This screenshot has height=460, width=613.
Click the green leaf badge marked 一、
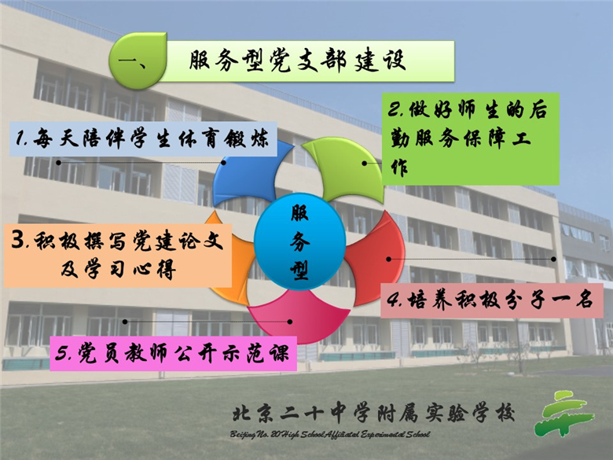click(x=138, y=61)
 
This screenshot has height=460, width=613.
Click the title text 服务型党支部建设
click(x=298, y=61)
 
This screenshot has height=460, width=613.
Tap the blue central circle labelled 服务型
click(x=300, y=241)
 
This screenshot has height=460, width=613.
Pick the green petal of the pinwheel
click(x=348, y=168)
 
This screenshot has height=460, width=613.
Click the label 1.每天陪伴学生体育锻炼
click(x=143, y=139)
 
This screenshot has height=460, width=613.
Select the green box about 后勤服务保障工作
click(x=470, y=139)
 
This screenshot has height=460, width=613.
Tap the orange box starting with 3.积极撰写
click(x=118, y=256)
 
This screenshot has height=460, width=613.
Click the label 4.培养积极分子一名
click(x=492, y=300)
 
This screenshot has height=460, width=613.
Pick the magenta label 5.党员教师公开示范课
click(x=173, y=354)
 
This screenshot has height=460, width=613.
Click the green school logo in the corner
click(x=564, y=414)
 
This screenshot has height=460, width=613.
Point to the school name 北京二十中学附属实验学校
click(x=374, y=414)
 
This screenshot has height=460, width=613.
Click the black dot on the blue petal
click(x=224, y=162)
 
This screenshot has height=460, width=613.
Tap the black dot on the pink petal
click(x=290, y=322)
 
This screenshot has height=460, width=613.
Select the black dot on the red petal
click(x=388, y=259)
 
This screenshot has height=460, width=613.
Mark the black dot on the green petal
click(x=365, y=163)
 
